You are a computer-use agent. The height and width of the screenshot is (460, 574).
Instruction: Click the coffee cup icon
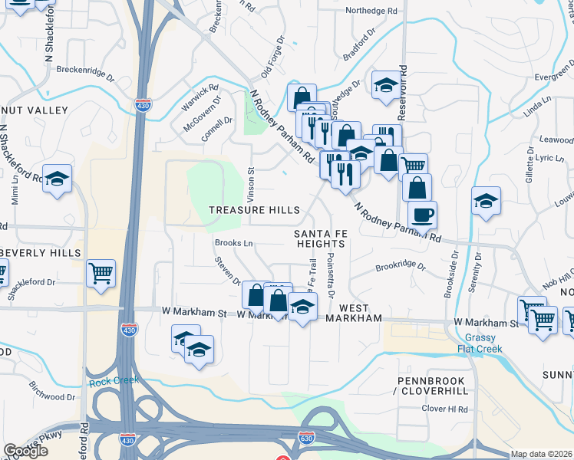(422, 215)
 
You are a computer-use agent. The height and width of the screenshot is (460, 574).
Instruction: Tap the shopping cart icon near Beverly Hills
(101, 273)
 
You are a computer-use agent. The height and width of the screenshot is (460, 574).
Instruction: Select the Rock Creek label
(114, 379)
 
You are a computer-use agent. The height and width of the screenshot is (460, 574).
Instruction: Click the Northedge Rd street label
(371, 11)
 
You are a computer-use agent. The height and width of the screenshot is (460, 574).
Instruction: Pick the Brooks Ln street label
(234, 242)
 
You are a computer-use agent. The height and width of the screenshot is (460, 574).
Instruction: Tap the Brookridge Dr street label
(400, 266)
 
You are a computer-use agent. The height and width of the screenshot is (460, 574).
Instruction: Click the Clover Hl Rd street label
(445, 409)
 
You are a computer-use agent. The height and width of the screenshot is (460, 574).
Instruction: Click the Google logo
(25, 451)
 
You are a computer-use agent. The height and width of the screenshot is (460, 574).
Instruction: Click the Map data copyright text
(542, 454)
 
